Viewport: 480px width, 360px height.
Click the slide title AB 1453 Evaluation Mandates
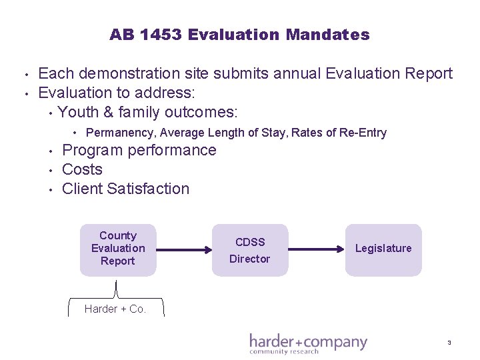click(239, 35)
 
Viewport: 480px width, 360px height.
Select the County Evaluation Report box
click(118, 249)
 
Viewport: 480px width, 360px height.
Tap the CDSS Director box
click(250, 250)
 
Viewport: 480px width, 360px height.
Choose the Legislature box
click(383, 249)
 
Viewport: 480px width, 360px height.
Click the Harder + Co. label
click(115, 309)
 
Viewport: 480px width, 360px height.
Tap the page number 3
click(449, 343)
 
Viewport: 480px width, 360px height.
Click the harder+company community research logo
click(308, 343)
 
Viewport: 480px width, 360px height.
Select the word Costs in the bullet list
click(82, 169)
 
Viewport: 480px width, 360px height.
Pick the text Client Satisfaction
click(125, 189)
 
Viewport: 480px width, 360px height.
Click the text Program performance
click(139, 150)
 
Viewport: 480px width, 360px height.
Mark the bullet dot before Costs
click(51, 170)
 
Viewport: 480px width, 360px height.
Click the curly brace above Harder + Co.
click(117, 291)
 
